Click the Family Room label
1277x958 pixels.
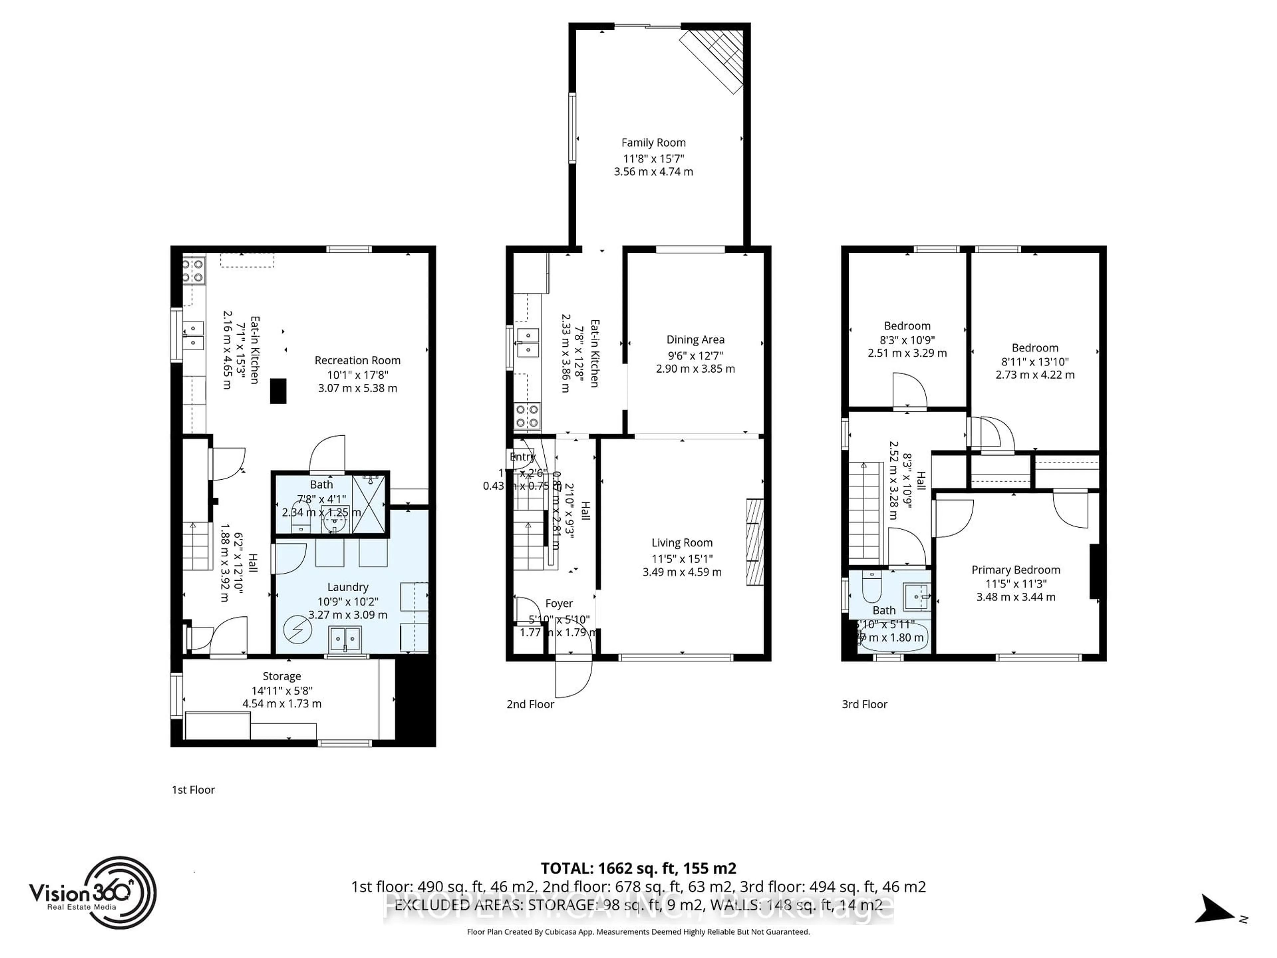click(x=653, y=143)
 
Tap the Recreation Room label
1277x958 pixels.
click(x=357, y=360)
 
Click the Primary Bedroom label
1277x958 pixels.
click(x=1016, y=570)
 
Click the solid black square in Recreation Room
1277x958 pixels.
click(x=278, y=391)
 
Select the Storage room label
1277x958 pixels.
click(x=282, y=676)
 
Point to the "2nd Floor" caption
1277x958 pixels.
click(x=530, y=704)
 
